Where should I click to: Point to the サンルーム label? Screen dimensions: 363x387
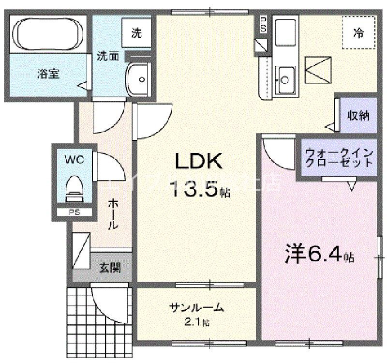(x=196, y=307)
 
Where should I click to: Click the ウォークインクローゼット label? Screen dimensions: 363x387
(x=339, y=158)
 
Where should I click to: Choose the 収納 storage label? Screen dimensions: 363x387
(x=358, y=116)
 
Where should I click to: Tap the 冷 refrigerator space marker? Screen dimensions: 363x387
(x=358, y=32)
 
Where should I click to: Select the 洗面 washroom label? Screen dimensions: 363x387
(x=108, y=56)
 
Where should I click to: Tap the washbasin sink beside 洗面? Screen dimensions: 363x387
(x=139, y=78)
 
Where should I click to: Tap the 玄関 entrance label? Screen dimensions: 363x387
(x=110, y=267)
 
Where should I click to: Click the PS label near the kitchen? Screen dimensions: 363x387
(x=263, y=24)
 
